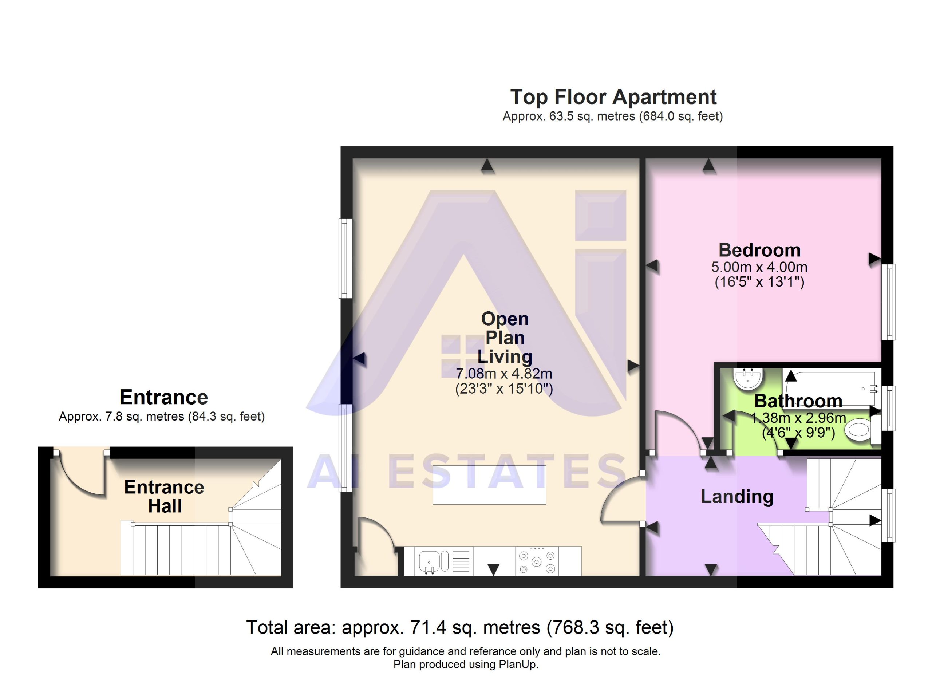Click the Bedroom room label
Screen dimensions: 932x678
[759, 250]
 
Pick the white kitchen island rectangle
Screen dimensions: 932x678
[489, 485]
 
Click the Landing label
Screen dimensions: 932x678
[737, 496]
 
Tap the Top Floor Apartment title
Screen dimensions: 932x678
[613, 97]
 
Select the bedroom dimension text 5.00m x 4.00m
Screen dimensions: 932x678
[759, 267]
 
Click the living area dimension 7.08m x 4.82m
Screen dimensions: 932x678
[504, 374]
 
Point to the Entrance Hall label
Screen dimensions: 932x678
[164, 496]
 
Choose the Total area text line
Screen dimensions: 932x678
[460, 627]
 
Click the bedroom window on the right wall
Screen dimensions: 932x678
[888, 302]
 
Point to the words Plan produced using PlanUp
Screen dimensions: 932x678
[466, 665]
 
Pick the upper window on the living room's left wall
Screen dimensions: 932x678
[345, 259]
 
